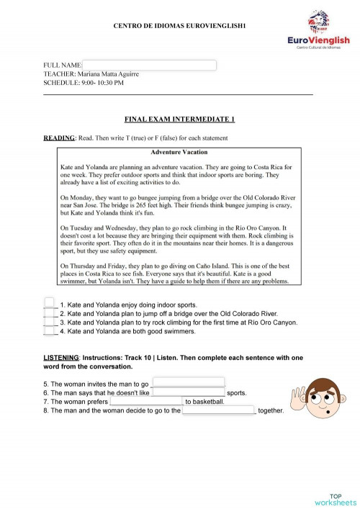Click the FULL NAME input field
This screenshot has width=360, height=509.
pyautogui.click(x=150, y=65)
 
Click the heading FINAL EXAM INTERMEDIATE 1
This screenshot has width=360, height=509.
pyautogui.click(x=179, y=120)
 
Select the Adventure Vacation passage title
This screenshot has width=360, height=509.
pyautogui.click(x=179, y=152)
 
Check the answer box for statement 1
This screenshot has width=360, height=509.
pyautogui.click(x=49, y=304)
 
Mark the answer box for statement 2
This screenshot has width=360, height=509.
pyautogui.click(x=49, y=313)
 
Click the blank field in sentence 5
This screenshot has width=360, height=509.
pyautogui.click(x=188, y=383)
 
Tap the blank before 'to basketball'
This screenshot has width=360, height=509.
pyautogui.click(x=146, y=402)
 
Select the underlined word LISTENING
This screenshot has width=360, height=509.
pyautogui.click(x=62, y=357)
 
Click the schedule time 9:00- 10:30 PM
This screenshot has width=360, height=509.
pyautogui.click(x=102, y=82)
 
